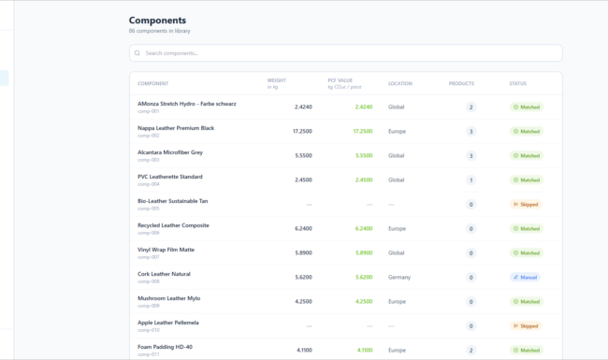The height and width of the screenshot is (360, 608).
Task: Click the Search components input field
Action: click(x=346, y=53)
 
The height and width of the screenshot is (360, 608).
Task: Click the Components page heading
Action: click(x=157, y=20)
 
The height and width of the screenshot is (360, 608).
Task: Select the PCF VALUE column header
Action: click(x=340, y=80)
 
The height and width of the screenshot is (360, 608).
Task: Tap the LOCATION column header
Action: click(x=399, y=83)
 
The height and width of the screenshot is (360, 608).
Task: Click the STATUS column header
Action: click(x=517, y=83)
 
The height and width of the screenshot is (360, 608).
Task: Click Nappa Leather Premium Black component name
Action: click(x=176, y=128)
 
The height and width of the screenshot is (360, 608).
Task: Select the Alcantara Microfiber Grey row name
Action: click(x=170, y=152)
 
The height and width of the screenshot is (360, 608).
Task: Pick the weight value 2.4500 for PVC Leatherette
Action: click(x=303, y=180)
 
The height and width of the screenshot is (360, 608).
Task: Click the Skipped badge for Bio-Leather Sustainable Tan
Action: click(x=526, y=204)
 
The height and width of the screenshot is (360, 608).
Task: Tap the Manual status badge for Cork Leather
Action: click(x=526, y=277)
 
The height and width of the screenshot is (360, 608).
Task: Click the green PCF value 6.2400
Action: click(x=364, y=228)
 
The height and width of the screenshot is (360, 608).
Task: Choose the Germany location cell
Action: click(x=399, y=277)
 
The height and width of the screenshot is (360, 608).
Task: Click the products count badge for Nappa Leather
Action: click(x=470, y=131)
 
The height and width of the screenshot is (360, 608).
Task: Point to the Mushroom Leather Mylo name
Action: click(x=169, y=298)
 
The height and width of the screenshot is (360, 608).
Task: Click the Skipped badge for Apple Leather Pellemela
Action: click(x=526, y=325)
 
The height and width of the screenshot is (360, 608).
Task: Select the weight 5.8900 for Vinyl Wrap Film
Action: click(x=303, y=252)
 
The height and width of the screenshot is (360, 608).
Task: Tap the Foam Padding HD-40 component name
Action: click(x=165, y=347)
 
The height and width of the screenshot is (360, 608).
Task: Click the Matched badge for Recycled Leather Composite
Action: click(x=526, y=228)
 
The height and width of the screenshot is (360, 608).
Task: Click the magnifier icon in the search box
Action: click(x=138, y=53)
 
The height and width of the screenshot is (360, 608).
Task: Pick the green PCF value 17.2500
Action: click(x=363, y=131)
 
